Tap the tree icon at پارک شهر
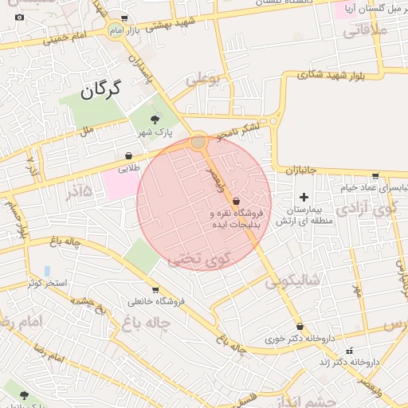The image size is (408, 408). (143, 119)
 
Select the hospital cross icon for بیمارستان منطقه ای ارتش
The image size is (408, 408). (304, 196)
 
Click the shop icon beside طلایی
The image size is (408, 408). (129, 156)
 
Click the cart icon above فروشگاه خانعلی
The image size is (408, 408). (155, 289)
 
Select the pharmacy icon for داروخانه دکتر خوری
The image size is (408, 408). (300, 326)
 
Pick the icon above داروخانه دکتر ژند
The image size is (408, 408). (348, 351)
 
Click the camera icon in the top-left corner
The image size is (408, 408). (19, 17)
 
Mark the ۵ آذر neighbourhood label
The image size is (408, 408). (75, 190)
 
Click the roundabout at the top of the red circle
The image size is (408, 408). (198, 142)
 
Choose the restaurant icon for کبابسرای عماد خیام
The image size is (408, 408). (375, 175)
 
